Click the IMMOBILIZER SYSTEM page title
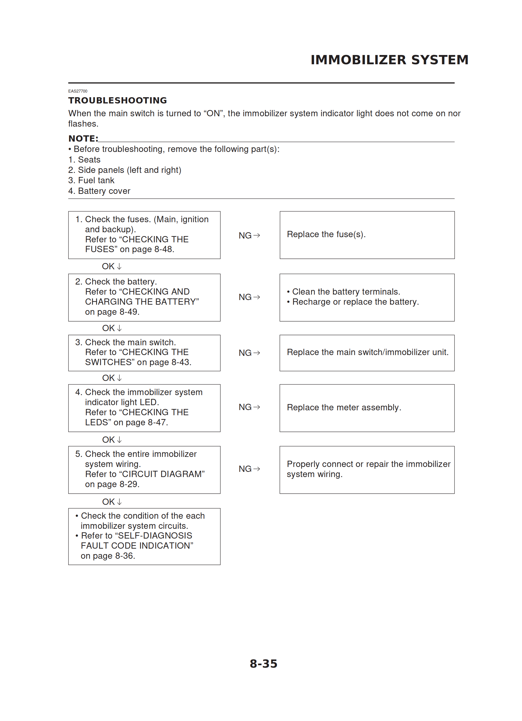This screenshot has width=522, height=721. pyautogui.click(x=389, y=60)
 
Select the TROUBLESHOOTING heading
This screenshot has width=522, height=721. pyautogui.click(x=117, y=100)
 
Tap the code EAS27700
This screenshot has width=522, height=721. pyautogui.click(x=78, y=91)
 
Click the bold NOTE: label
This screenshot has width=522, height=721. pyautogui.click(x=83, y=139)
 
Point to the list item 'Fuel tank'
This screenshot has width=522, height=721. pyautogui.click(x=96, y=181)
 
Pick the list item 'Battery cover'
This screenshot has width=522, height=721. pyautogui.click(x=104, y=191)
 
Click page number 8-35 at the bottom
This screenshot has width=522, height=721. pyautogui.click(x=263, y=664)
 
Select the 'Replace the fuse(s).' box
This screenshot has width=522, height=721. pyautogui.click(x=367, y=235)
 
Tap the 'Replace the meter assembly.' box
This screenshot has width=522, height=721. pyautogui.click(x=367, y=408)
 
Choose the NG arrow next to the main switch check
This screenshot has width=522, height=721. pyautogui.click(x=249, y=353)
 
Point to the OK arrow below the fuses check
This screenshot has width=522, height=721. pyautogui.click(x=112, y=266)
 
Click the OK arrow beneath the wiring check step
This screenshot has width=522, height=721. pyautogui.click(x=112, y=502)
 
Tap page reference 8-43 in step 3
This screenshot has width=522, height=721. pyautogui.click(x=181, y=362)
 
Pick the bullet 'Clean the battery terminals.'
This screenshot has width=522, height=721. pyautogui.click(x=346, y=292)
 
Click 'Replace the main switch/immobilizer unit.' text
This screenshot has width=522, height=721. pyautogui.click(x=367, y=353)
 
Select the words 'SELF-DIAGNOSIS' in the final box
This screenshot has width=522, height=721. pyautogui.click(x=155, y=536)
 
